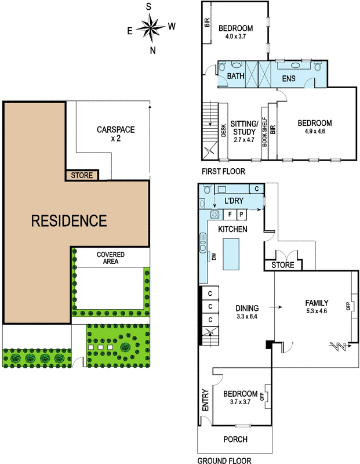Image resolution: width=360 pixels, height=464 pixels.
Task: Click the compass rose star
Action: (x=151, y=28)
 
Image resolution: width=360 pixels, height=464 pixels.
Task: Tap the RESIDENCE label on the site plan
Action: (x=69, y=221)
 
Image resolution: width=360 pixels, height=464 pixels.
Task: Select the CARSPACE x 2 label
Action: (x=116, y=134)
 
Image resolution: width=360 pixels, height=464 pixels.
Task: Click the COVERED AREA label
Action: (x=111, y=258)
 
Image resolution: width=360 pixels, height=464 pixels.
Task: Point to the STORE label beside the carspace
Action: (x=82, y=175)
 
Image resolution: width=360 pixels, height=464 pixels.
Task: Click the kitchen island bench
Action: (x=231, y=254)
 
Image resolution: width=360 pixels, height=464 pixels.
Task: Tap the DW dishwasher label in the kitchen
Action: (x=214, y=256)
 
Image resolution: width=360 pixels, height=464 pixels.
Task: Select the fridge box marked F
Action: (x=230, y=215)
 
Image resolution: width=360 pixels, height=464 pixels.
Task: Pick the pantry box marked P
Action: (x=242, y=215)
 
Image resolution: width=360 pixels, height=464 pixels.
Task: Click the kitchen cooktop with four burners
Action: (x=214, y=215)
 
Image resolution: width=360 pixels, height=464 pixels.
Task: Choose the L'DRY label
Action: (x=234, y=201)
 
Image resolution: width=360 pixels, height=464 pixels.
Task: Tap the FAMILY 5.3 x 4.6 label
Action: (x=317, y=307)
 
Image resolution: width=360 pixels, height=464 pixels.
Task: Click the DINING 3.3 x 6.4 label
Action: (x=247, y=312)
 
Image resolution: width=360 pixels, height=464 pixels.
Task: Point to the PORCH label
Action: (x=235, y=439)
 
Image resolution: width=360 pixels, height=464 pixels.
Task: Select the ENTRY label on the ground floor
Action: (x=205, y=400)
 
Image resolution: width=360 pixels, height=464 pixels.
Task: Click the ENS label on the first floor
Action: (x=289, y=78)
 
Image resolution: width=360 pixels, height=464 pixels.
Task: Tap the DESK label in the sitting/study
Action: (x=223, y=130)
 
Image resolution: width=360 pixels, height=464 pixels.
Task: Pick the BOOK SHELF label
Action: (x=264, y=132)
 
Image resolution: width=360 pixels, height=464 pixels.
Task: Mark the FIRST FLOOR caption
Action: (x=223, y=171)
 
